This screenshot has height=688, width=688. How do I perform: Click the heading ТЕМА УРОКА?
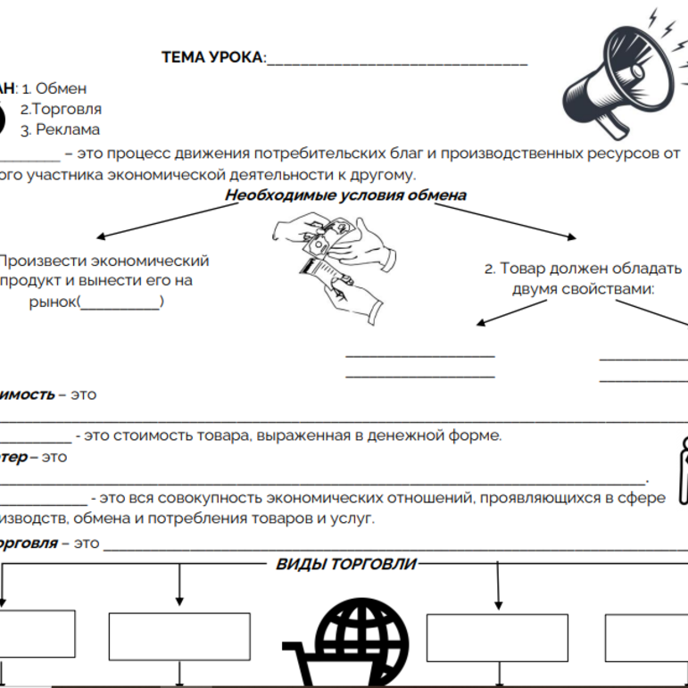coord(213,58)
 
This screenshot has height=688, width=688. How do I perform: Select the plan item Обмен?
coord(62,89)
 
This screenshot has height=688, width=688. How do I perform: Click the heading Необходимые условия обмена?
coord(344,195)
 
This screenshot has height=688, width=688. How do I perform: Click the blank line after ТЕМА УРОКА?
coord(397,60)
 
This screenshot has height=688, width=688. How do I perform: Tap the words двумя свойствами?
coord(584,288)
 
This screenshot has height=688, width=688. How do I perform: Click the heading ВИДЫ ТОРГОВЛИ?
coord(345,564)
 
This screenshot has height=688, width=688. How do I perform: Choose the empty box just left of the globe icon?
coord(179,636)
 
